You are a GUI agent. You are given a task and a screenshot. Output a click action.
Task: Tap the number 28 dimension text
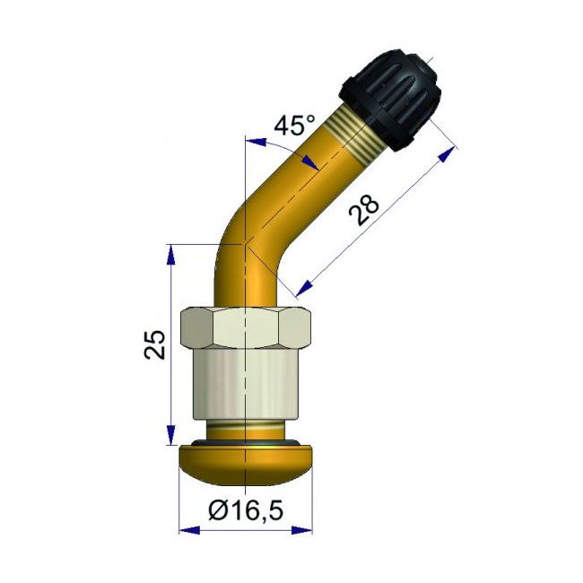364,211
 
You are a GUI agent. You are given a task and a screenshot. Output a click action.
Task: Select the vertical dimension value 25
156,344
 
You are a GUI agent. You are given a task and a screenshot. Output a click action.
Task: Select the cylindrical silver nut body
245,386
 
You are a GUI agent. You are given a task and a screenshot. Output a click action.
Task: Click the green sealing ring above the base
245,442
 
